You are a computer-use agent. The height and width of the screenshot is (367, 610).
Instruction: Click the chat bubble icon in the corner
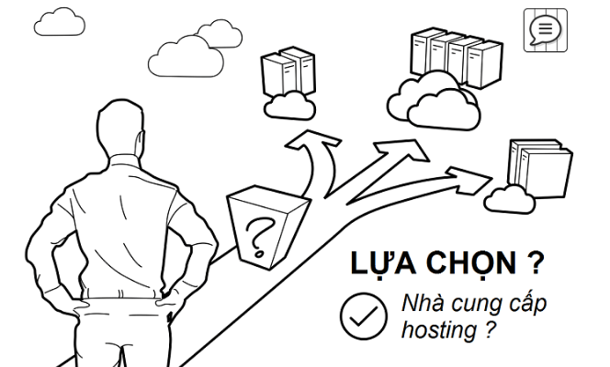546,30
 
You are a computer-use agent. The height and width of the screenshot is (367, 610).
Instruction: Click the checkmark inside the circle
364,317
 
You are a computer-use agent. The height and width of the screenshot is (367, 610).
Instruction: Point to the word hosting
440,330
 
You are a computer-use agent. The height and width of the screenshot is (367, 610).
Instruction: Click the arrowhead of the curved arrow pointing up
313,140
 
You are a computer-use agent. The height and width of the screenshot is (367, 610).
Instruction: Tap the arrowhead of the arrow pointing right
469,177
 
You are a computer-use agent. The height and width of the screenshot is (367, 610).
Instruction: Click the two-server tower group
288,71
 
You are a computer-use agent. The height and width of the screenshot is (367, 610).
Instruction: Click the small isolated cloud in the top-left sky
60,22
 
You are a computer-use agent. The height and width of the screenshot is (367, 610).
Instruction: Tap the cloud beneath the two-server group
289,105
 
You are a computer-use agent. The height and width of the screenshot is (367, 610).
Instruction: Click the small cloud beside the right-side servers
510,200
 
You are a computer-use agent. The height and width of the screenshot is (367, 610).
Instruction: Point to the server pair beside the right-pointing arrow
541,169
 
